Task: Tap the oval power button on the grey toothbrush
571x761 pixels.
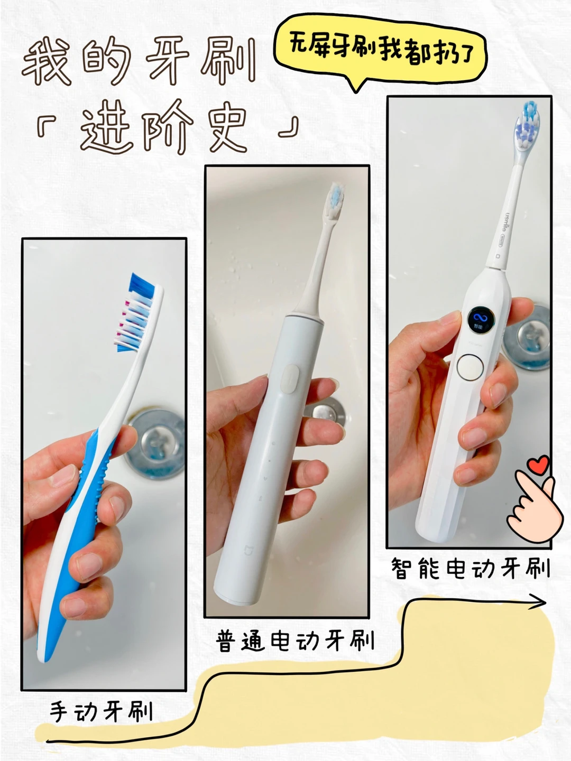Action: [x=290, y=379]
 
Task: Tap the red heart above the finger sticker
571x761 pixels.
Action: [x=538, y=465]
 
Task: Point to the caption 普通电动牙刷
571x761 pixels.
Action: [x=295, y=641]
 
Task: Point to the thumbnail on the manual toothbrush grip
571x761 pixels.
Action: [x=63, y=475]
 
